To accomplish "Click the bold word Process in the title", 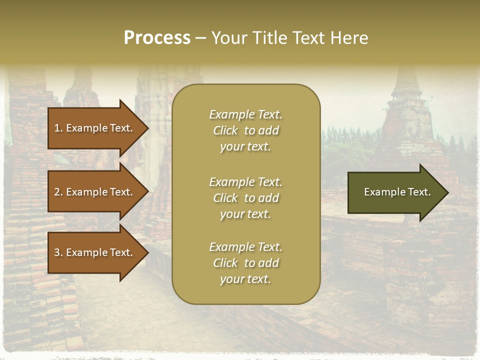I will pyautogui.click(x=157, y=38).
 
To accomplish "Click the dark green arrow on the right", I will pyautogui.click(x=395, y=192).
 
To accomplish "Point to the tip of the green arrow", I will pyautogui.click(x=447, y=192).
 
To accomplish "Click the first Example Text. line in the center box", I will pyautogui.click(x=245, y=114).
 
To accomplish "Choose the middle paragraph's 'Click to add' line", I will pyautogui.click(x=245, y=198).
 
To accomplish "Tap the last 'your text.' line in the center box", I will pyautogui.click(x=245, y=279).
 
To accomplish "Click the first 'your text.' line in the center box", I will pyautogui.click(x=245, y=146).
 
